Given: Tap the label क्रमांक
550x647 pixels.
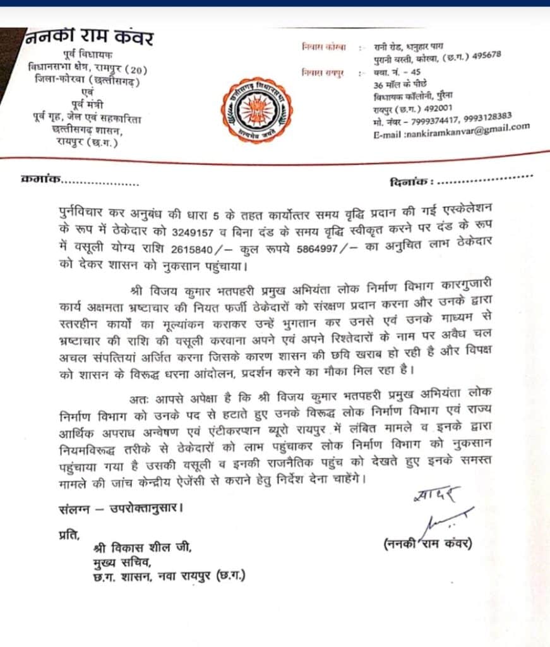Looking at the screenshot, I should point(41,180).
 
